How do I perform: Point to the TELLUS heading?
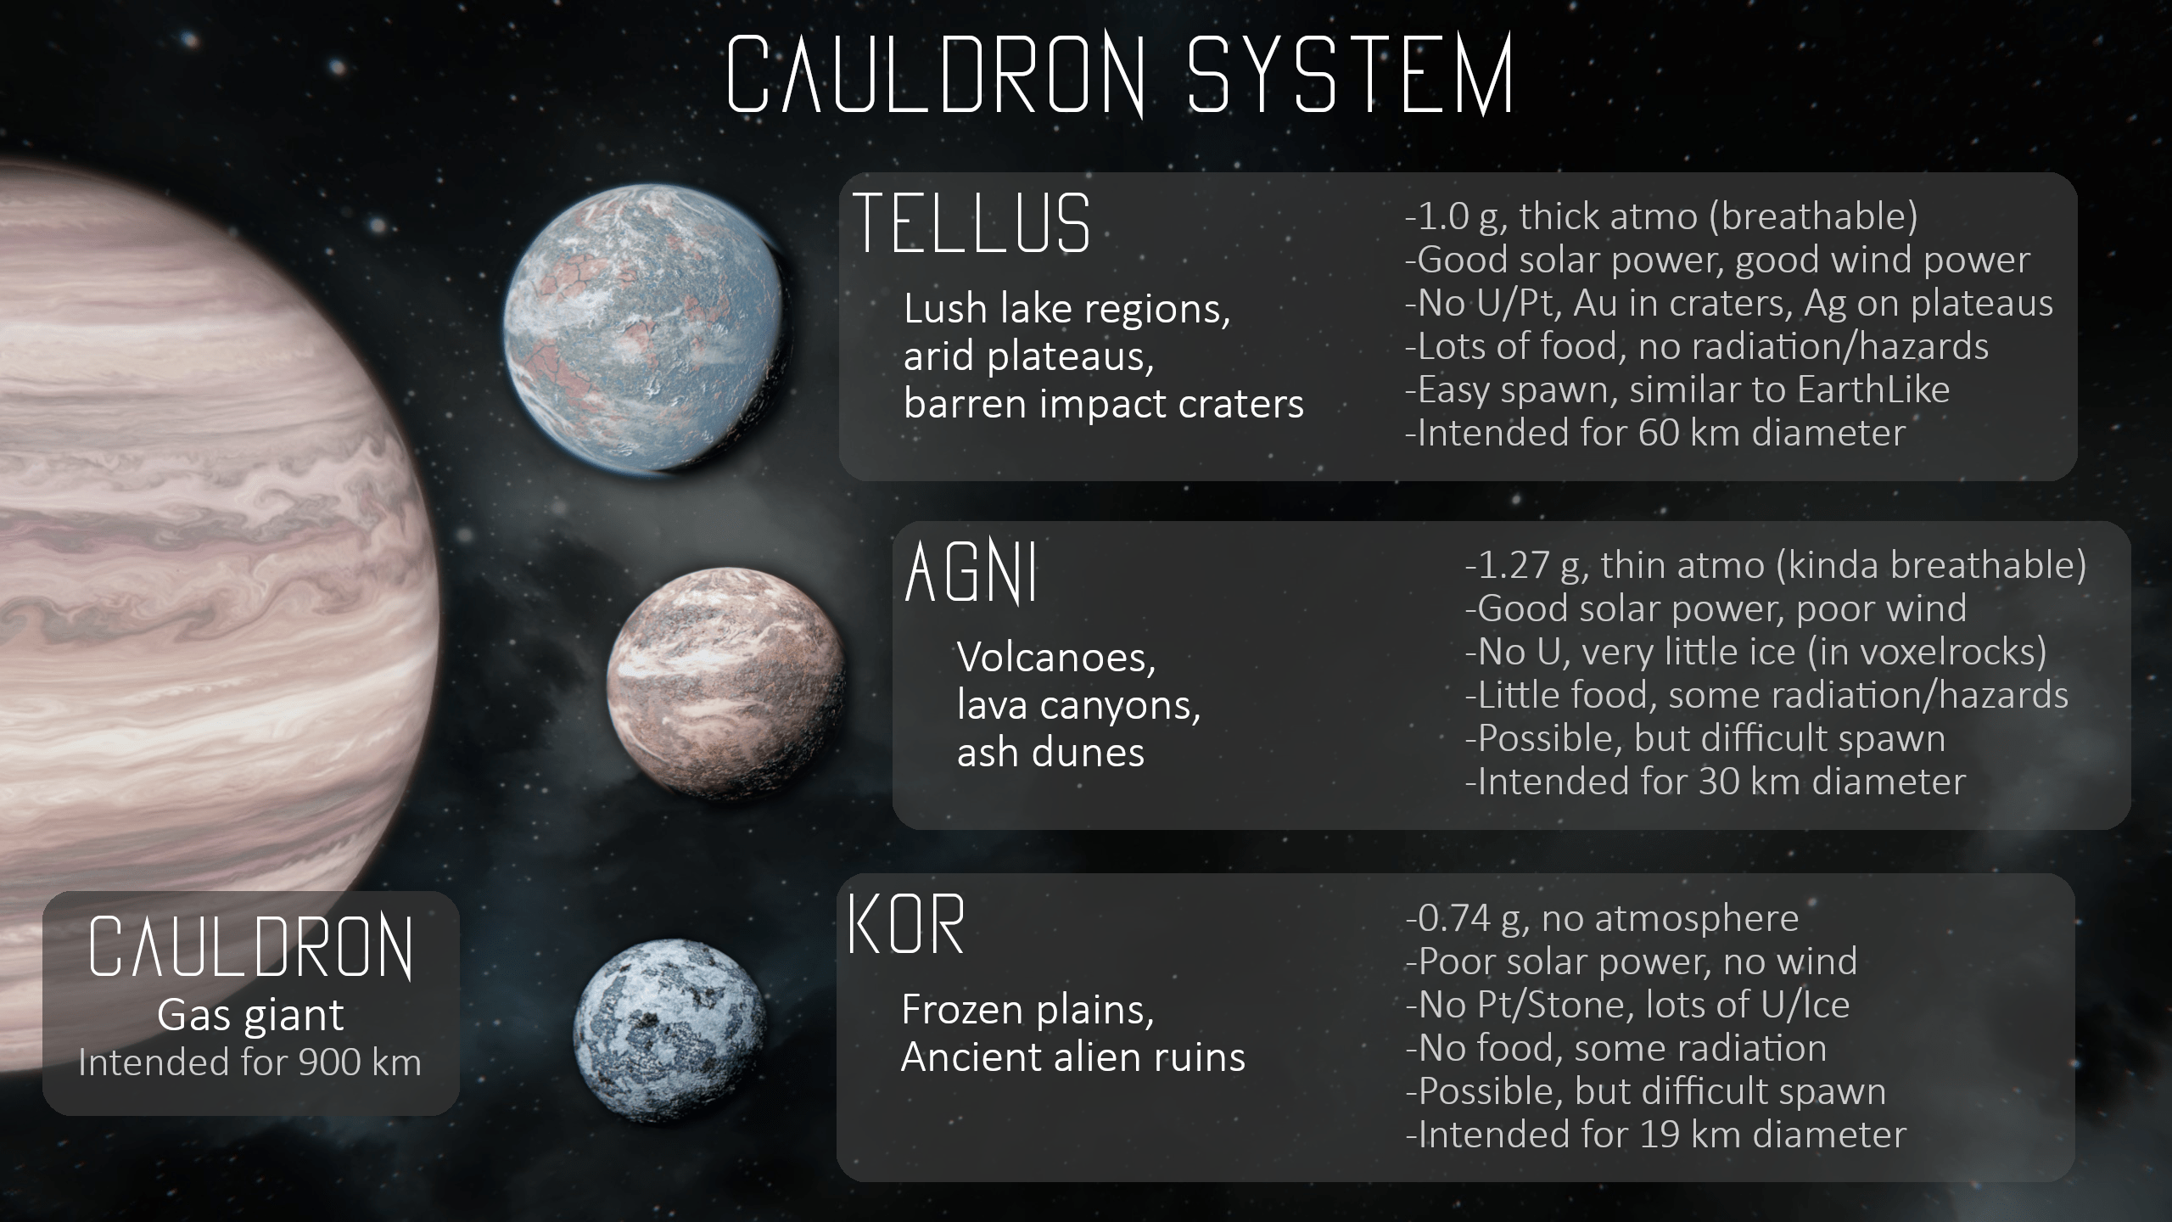[972, 223]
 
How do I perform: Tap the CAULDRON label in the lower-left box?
[251, 948]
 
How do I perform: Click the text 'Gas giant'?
[250, 1015]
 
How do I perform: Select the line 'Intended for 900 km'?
[250, 1062]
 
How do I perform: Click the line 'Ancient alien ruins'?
[1073, 1057]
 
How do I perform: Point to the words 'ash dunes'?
[1051, 753]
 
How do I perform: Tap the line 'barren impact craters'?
[1104, 404]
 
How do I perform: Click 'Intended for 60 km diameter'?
[1655, 433]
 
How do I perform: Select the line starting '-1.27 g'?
[1776, 565]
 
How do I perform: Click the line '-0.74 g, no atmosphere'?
[1603, 918]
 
